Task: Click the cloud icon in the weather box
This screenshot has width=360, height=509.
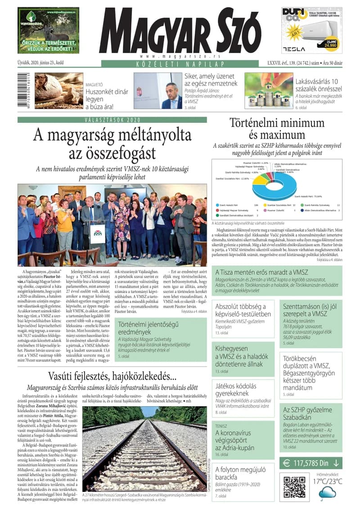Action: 327,493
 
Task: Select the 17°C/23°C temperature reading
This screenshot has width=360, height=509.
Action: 328,481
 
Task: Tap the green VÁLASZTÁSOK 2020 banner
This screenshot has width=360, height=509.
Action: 112,120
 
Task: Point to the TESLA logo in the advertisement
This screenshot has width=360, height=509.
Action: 293,49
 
